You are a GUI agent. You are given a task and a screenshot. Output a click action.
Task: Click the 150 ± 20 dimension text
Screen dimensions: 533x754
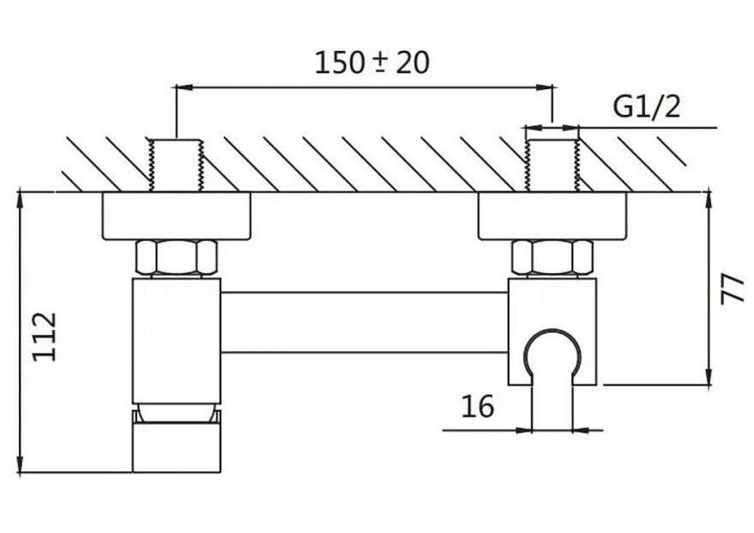[371, 62]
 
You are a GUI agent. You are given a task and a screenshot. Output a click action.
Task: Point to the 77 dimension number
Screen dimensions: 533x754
[731, 288]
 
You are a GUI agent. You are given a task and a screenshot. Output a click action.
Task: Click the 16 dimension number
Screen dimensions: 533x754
[478, 405]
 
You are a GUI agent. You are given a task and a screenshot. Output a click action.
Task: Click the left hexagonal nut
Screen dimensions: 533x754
[177, 258]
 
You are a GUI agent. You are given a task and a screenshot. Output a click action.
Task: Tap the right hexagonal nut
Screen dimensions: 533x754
[552, 258]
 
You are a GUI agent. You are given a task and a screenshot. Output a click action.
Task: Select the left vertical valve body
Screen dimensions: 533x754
[177, 339]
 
